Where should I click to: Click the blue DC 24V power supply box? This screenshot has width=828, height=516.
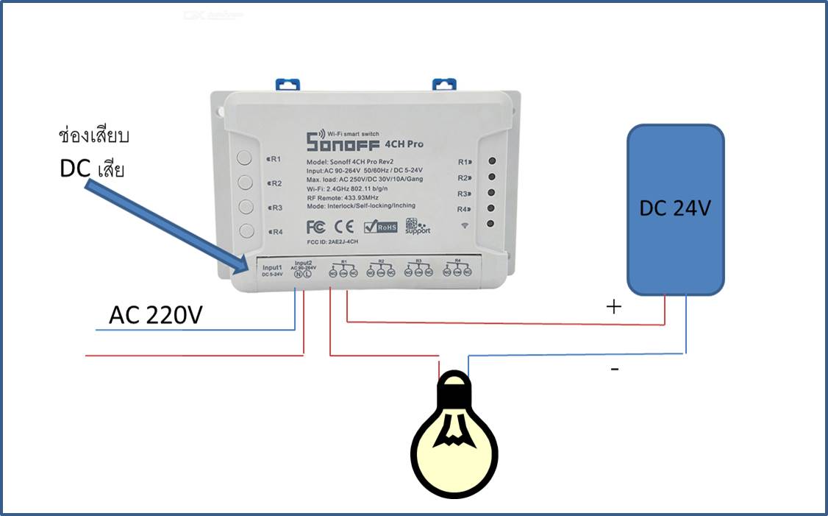(x=675, y=210)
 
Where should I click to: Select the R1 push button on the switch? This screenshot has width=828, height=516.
(x=246, y=158)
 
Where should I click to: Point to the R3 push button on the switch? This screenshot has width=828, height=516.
(x=246, y=206)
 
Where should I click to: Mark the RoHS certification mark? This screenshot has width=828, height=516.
(x=380, y=227)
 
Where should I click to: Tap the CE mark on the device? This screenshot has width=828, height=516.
(x=345, y=226)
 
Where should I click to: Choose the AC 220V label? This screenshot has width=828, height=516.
(x=155, y=315)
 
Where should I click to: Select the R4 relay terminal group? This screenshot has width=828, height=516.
(x=457, y=269)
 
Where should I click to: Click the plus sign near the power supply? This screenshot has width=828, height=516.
(x=613, y=307)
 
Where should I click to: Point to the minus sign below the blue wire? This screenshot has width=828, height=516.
(x=615, y=368)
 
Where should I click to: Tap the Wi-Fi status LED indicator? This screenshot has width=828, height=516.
(x=490, y=224)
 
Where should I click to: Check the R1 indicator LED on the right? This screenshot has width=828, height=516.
(x=490, y=160)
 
